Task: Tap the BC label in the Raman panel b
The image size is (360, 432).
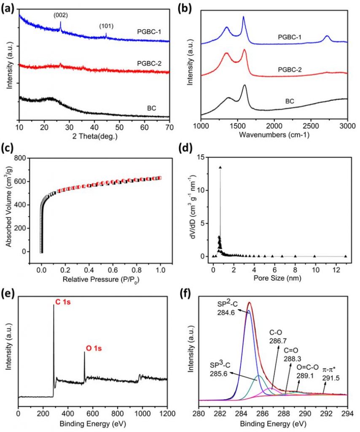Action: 289,101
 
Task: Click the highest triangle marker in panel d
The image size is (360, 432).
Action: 220,167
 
